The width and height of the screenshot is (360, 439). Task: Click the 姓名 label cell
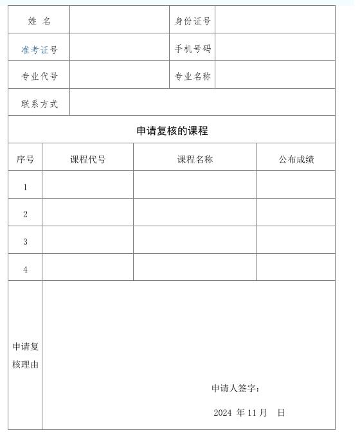(x=39, y=21)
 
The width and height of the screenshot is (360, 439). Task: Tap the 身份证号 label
(x=193, y=21)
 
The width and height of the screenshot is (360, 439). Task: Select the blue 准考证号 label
(x=39, y=49)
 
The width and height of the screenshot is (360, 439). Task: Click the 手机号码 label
(x=193, y=49)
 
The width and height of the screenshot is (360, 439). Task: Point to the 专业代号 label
(x=39, y=77)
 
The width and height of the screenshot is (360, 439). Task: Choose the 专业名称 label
(x=193, y=77)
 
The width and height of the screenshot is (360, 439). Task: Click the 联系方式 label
(x=39, y=104)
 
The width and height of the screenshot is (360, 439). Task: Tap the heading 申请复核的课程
(x=172, y=131)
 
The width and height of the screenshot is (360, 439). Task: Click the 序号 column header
(x=25, y=159)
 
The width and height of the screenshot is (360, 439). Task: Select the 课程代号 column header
(x=88, y=159)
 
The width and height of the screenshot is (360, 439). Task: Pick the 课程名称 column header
(x=195, y=159)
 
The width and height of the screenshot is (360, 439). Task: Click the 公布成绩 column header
(x=296, y=159)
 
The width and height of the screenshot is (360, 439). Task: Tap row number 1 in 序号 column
(x=25, y=187)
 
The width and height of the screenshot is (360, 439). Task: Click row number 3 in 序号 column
(x=25, y=242)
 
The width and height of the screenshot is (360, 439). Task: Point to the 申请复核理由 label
(x=26, y=355)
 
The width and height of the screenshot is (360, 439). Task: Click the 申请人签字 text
(x=235, y=388)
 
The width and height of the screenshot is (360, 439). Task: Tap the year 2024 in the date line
(x=222, y=413)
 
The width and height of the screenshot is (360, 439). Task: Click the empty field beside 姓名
(x=120, y=21)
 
